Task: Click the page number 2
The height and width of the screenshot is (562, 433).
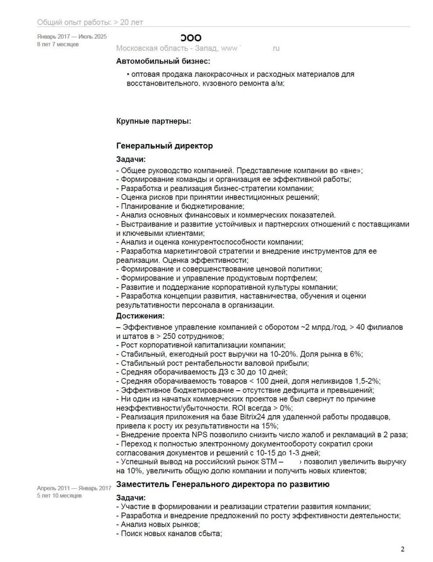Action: pyautogui.click(x=402, y=549)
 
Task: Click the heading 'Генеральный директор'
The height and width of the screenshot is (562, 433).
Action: pyautogui.click(x=164, y=146)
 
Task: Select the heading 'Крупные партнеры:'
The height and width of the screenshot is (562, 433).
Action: pyautogui.click(x=154, y=121)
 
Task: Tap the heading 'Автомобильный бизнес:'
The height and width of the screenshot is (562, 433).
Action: pyautogui.click(x=163, y=61)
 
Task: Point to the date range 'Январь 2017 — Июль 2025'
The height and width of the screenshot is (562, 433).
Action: pyautogui.click(x=72, y=37)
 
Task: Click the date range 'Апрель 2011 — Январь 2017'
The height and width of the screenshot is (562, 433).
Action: pyautogui.click(x=74, y=488)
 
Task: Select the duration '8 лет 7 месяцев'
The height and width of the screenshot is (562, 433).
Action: pyautogui.click(x=58, y=44)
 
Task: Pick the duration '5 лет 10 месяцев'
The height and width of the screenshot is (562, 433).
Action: pyautogui.click(x=59, y=496)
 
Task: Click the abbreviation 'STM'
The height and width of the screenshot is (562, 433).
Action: pyautogui.click(x=269, y=462)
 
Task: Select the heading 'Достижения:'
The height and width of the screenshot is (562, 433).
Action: pyautogui.click(x=140, y=316)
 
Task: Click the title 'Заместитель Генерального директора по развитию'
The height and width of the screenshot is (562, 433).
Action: pyautogui.click(x=223, y=485)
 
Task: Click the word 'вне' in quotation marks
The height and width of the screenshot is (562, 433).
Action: pyautogui.click(x=350, y=171)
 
